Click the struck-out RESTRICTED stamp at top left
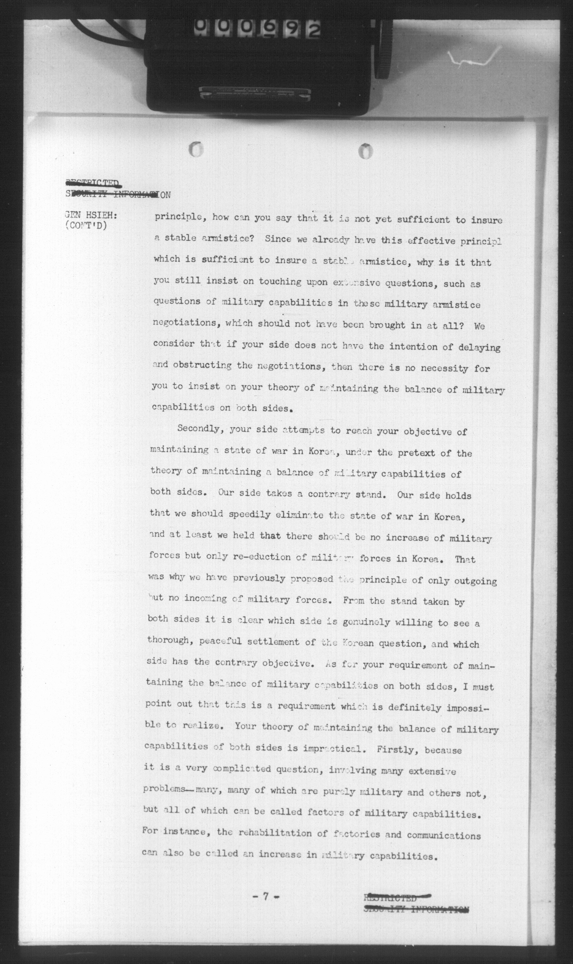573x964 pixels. [92, 183]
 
